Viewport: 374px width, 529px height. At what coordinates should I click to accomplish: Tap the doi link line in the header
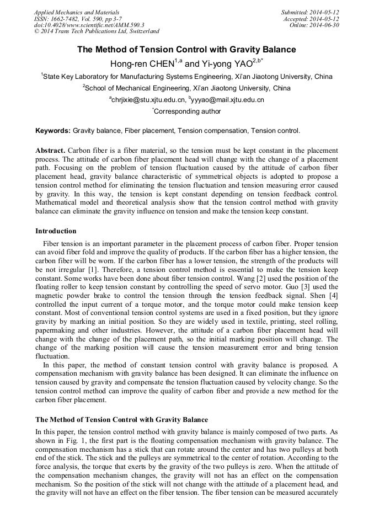click(89, 25)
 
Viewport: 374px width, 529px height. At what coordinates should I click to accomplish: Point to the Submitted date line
click(310, 12)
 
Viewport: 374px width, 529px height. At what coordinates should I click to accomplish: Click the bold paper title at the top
click(186, 50)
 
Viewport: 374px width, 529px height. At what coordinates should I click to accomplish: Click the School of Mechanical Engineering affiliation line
click(186, 88)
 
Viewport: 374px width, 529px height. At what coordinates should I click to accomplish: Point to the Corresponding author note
click(186, 111)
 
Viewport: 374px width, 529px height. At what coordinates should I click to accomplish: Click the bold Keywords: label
click(53, 131)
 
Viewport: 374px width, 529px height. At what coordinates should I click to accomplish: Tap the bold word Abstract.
click(51, 151)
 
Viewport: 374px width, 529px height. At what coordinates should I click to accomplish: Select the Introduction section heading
click(56, 231)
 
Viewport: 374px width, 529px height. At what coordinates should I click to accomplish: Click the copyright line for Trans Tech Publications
click(97, 32)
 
